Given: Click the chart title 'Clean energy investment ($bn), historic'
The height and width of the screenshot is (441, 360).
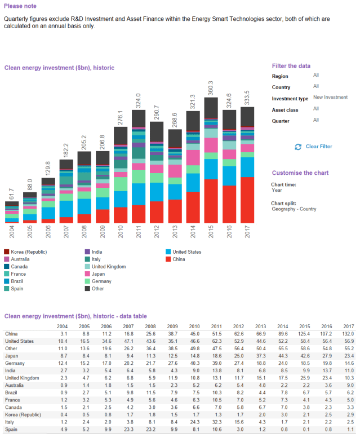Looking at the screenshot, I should (x=60, y=67).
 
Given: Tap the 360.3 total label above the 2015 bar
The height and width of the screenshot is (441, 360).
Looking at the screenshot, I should (x=211, y=89).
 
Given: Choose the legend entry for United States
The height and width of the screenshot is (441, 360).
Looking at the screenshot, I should (x=187, y=252).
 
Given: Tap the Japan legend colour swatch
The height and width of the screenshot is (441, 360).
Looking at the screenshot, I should (x=87, y=274).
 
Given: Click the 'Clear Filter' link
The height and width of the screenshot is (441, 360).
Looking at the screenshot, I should (x=318, y=147).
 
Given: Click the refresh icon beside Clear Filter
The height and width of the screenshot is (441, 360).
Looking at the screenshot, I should (x=298, y=147).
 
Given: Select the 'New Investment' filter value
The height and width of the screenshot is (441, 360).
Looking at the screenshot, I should (x=330, y=97).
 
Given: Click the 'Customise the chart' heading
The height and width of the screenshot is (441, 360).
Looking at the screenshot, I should (x=300, y=173).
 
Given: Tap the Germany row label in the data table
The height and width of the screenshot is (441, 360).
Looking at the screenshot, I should (x=15, y=363).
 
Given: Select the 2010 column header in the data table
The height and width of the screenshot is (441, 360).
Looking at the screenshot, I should (x=194, y=326).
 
